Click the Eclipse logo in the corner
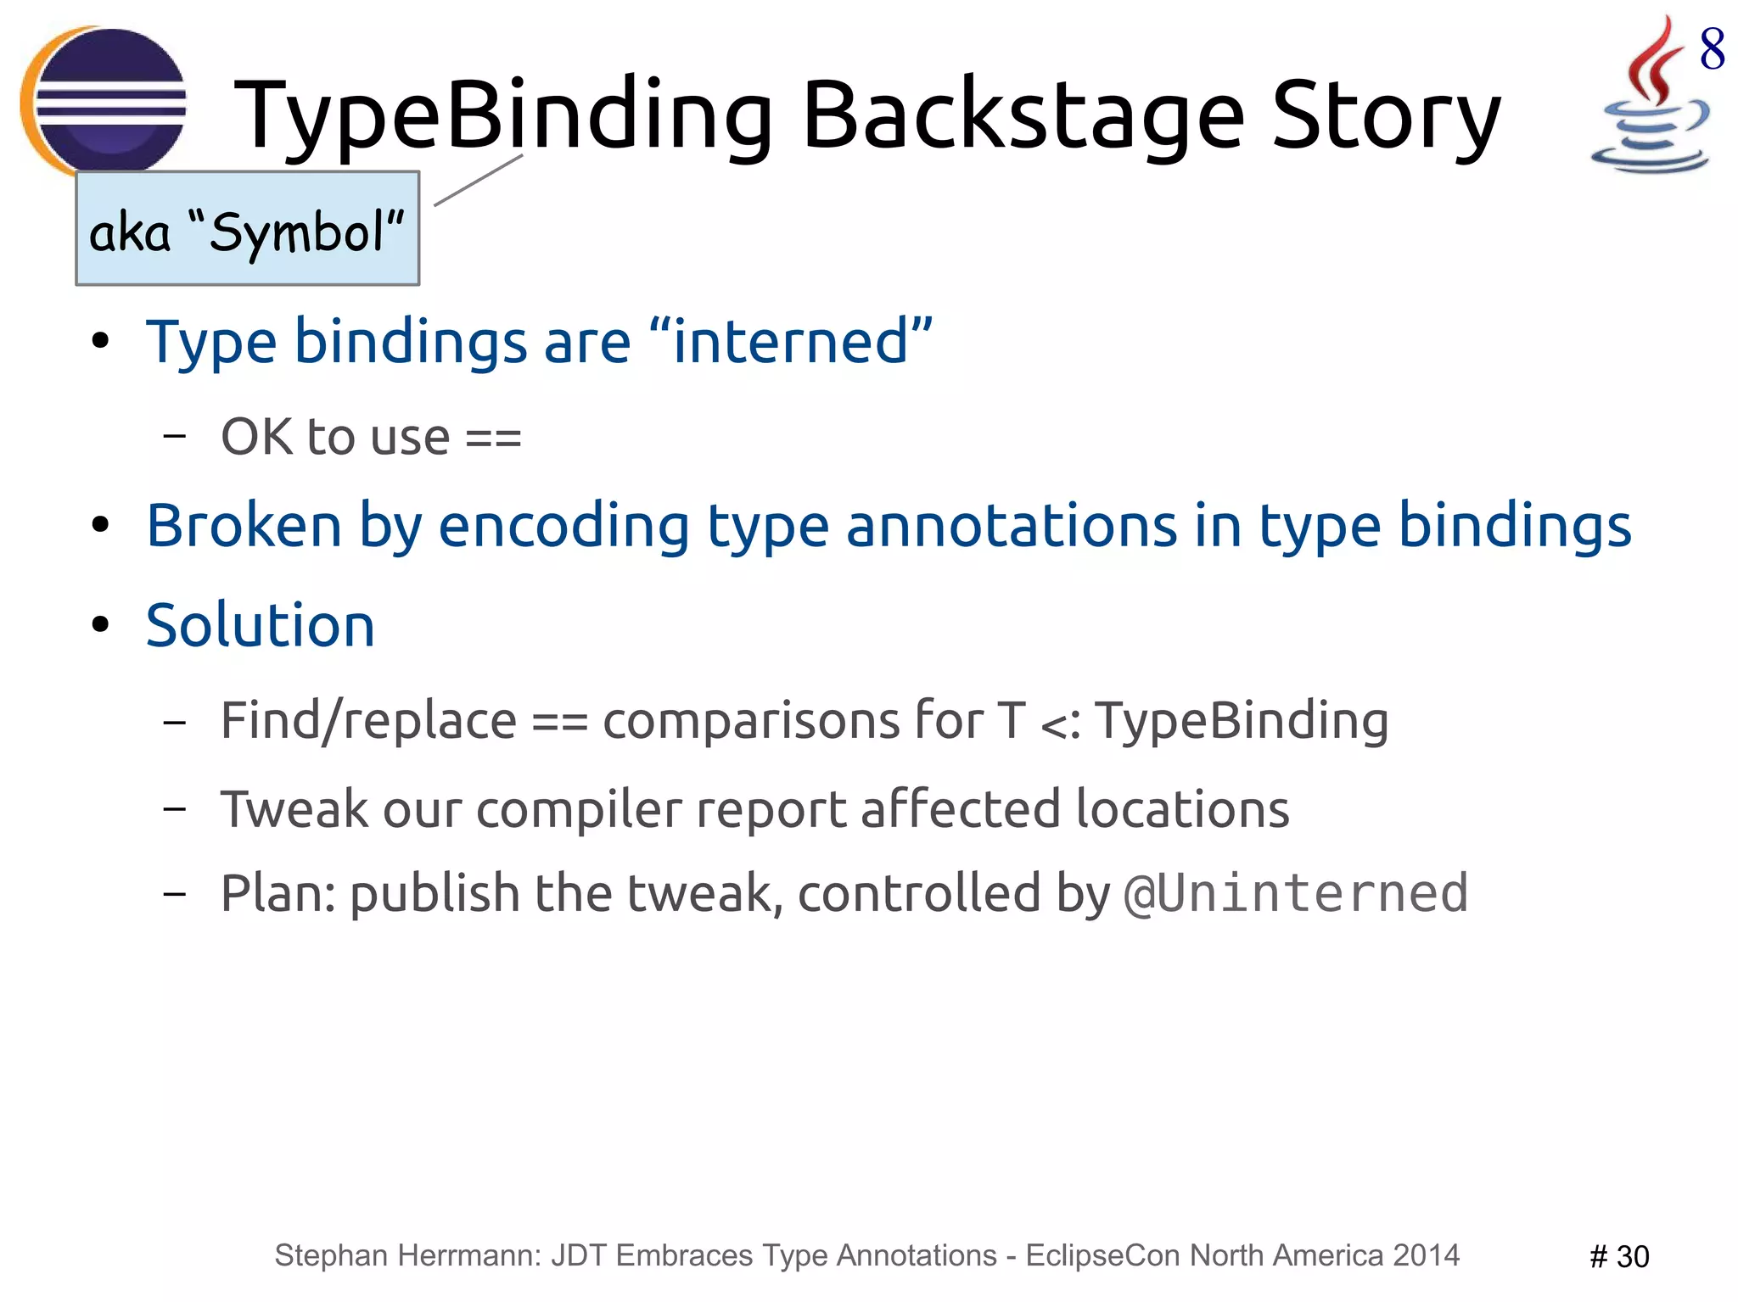tap(104, 100)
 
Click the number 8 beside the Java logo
tap(1712, 49)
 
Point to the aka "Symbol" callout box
tap(247, 229)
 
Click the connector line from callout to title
tap(478, 180)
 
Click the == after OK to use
tap(493, 439)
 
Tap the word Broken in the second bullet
tap(244, 526)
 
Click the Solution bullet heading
tap(260, 626)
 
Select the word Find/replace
tap(368, 722)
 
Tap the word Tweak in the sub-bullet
tap(294, 809)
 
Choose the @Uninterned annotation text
tap(1296, 893)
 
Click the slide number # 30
tap(1618, 1256)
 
